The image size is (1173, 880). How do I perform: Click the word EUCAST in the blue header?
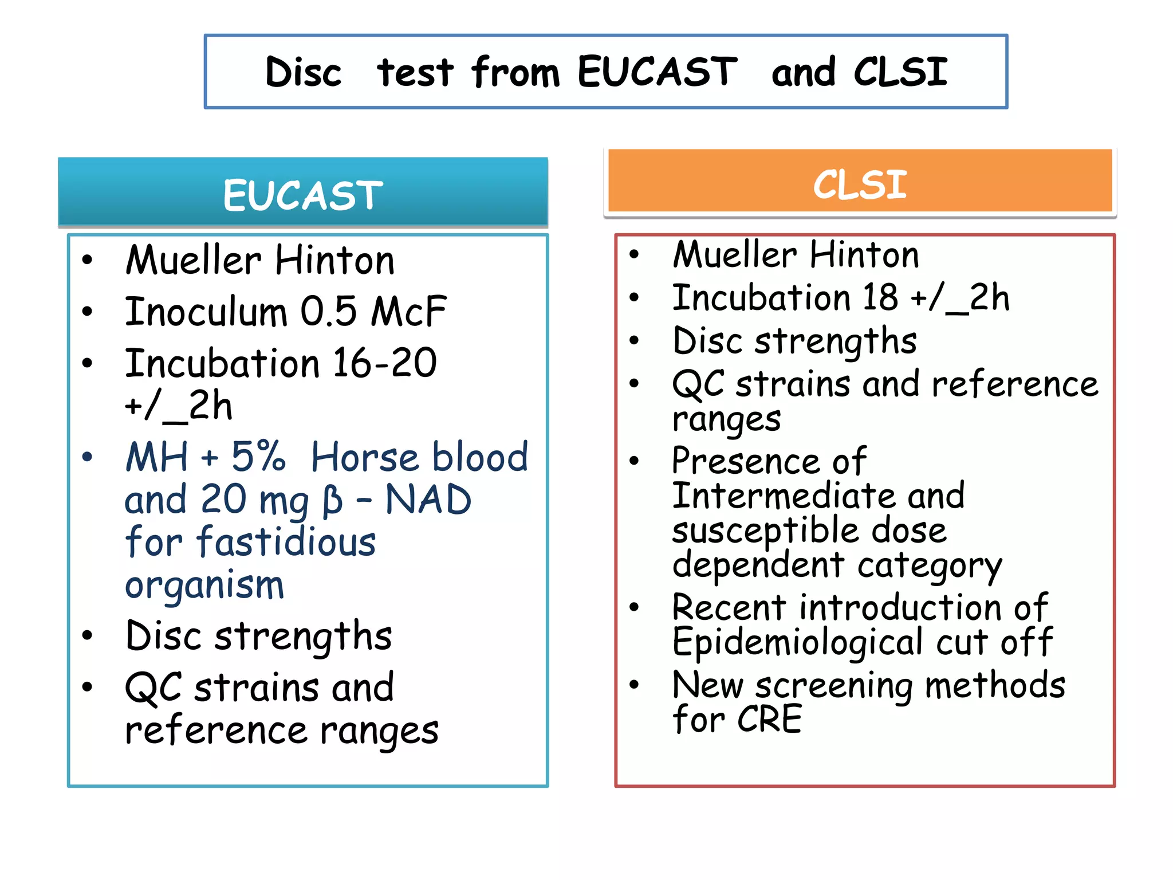(x=302, y=195)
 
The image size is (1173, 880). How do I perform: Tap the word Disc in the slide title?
(x=304, y=73)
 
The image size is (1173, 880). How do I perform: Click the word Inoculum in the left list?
(x=206, y=312)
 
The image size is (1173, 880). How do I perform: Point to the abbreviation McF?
(x=408, y=312)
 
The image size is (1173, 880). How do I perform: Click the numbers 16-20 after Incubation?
(x=385, y=364)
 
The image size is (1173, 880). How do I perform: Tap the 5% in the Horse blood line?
(x=258, y=457)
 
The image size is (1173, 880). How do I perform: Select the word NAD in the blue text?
(x=428, y=500)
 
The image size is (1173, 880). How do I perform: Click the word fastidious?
(x=286, y=542)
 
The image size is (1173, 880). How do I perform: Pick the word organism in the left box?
(x=204, y=586)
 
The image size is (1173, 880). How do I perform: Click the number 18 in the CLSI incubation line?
(x=880, y=298)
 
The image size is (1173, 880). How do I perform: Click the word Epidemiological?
(x=797, y=642)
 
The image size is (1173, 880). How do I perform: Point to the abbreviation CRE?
(x=769, y=720)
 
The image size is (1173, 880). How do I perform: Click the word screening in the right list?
(x=833, y=686)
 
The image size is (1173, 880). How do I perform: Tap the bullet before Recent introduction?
(x=634, y=607)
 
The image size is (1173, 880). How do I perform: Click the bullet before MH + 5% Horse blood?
(x=87, y=457)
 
